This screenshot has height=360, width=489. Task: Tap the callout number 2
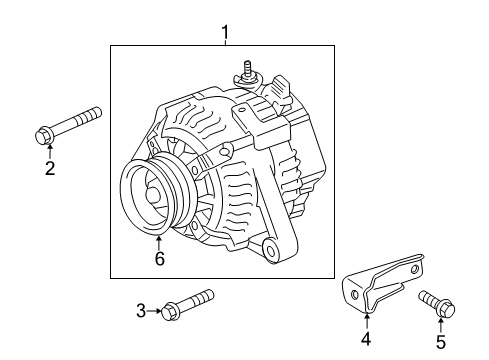pyautogui.click(x=49, y=168)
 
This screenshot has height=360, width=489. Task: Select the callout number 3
pyautogui.click(x=141, y=311)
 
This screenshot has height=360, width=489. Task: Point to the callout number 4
pyautogui.click(x=365, y=340)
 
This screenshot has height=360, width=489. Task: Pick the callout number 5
pyautogui.click(x=441, y=340)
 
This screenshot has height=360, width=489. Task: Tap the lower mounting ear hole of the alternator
pyautogui.click(x=269, y=247)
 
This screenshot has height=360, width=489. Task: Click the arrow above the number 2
pyautogui.click(x=49, y=148)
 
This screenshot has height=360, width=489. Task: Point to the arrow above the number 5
pyautogui.click(x=441, y=320)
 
